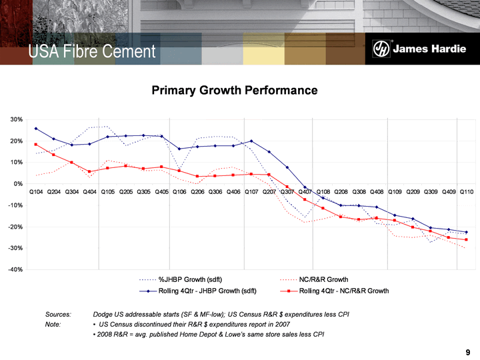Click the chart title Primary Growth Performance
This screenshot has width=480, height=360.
(x=234, y=90)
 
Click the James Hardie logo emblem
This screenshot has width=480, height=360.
(x=381, y=50)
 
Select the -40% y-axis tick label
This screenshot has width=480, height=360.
(x=15, y=269)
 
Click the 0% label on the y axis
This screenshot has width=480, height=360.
(x=19, y=183)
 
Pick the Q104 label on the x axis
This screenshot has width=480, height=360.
(x=36, y=192)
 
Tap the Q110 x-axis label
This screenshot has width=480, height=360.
(x=466, y=192)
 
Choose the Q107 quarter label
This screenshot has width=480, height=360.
(x=251, y=192)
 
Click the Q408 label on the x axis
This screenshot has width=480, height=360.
(x=377, y=192)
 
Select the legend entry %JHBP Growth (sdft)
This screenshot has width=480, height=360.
(x=190, y=279)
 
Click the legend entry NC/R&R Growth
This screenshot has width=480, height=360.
(x=323, y=279)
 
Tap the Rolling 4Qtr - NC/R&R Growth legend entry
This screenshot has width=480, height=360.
(x=343, y=291)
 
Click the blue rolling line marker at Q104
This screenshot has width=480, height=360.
(x=36, y=128)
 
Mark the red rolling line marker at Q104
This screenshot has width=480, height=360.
(x=36, y=145)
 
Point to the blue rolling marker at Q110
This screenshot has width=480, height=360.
(x=466, y=232)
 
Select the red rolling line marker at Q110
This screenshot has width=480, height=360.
(x=466, y=240)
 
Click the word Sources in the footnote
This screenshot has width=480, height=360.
(x=58, y=313)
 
